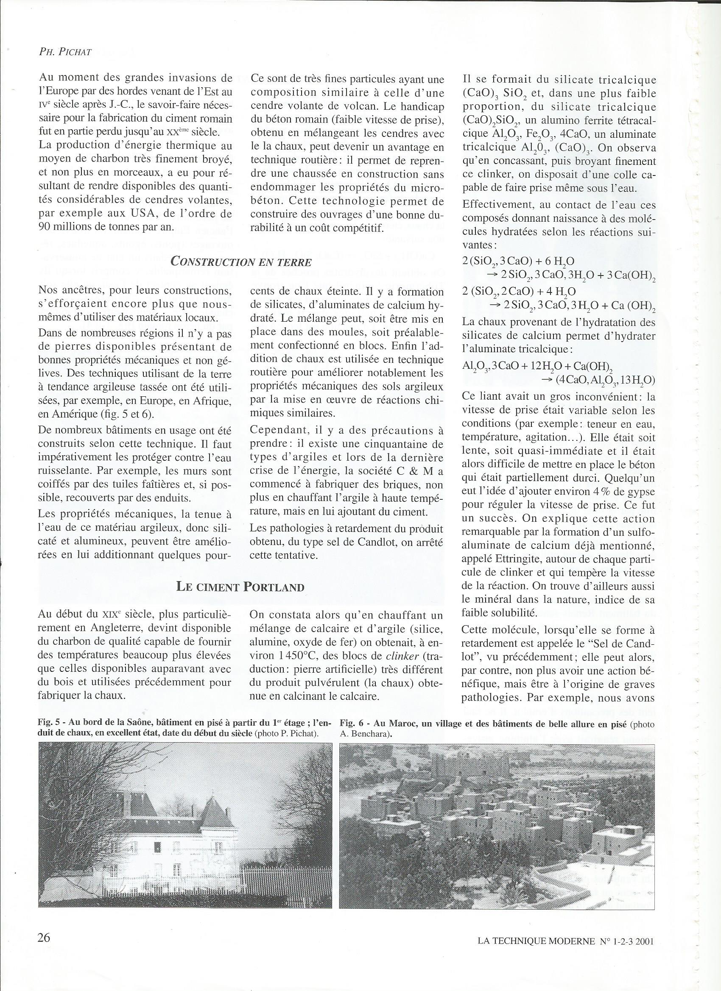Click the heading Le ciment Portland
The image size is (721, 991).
coord(240,586)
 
